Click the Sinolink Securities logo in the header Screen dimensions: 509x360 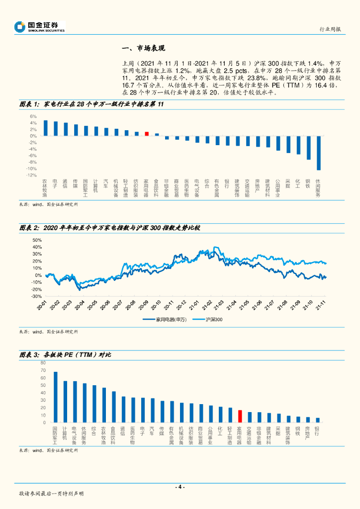coord(40,26)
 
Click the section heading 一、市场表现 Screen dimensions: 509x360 coord(143,48)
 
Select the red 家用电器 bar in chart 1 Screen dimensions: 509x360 coord(147,134)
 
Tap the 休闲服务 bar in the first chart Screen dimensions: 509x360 coord(318,153)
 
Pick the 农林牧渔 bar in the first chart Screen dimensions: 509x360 coord(45,128)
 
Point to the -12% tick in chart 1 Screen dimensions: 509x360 coord(32,175)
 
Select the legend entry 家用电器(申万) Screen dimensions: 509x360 coord(166,320)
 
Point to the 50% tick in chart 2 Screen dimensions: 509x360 coord(37,240)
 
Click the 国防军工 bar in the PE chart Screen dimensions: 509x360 coord(55,397)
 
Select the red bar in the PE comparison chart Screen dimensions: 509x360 coord(240,416)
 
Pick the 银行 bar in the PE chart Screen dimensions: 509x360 coord(317,420)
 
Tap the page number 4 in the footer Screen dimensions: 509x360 coord(180,487)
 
